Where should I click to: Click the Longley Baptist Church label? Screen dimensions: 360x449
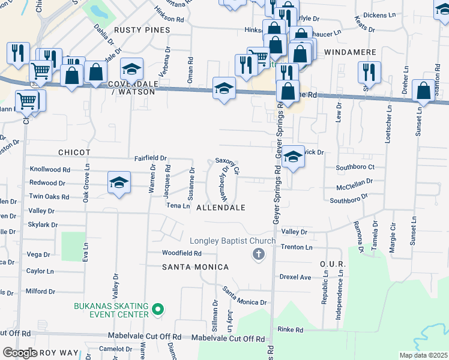(x=233, y=241)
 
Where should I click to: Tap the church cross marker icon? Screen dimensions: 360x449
(x=259, y=254)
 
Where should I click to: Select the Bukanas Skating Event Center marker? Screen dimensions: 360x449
(x=158, y=310)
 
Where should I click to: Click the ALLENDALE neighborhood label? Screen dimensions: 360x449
(x=221, y=208)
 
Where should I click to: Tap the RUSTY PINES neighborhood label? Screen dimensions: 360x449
(x=142, y=29)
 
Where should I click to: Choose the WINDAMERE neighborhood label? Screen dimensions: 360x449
(x=350, y=53)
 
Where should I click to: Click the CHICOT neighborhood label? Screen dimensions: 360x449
(x=74, y=153)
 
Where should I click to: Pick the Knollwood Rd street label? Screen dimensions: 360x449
(x=50, y=170)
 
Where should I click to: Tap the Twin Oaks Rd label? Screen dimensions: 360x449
(x=49, y=197)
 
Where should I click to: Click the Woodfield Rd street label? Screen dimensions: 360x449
(x=181, y=254)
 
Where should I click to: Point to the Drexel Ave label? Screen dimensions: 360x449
(x=295, y=277)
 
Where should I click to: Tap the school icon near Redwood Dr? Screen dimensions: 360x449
(x=119, y=182)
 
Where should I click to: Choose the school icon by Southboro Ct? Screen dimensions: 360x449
(x=292, y=157)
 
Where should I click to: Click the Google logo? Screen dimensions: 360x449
(x=20, y=353)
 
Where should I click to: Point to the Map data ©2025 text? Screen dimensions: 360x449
(x=423, y=355)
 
